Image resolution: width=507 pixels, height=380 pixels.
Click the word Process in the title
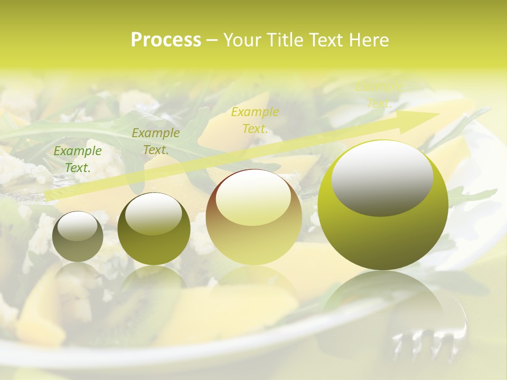click(166, 40)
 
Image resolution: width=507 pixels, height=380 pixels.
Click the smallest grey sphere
click(78, 236)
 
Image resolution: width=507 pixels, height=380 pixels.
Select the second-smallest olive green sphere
click(154, 229)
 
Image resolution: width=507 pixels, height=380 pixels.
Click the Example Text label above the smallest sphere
click(78, 159)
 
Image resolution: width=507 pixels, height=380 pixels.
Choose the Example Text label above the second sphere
click(155, 141)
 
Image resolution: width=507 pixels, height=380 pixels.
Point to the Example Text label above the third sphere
click(255, 120)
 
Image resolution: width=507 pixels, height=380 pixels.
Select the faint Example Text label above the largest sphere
click(379, 96)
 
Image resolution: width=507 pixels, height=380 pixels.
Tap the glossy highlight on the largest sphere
click(382, 178)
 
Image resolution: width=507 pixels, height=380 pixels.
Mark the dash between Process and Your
click(212, 40)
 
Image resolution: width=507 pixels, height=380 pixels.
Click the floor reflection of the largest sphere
click(383, 296)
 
